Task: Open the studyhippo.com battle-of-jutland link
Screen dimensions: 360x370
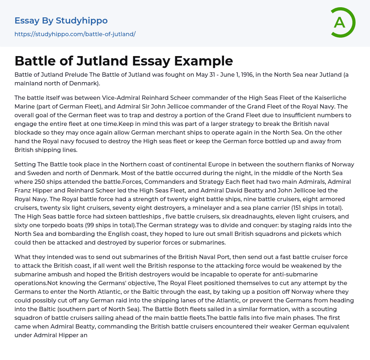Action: click(75, 34)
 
